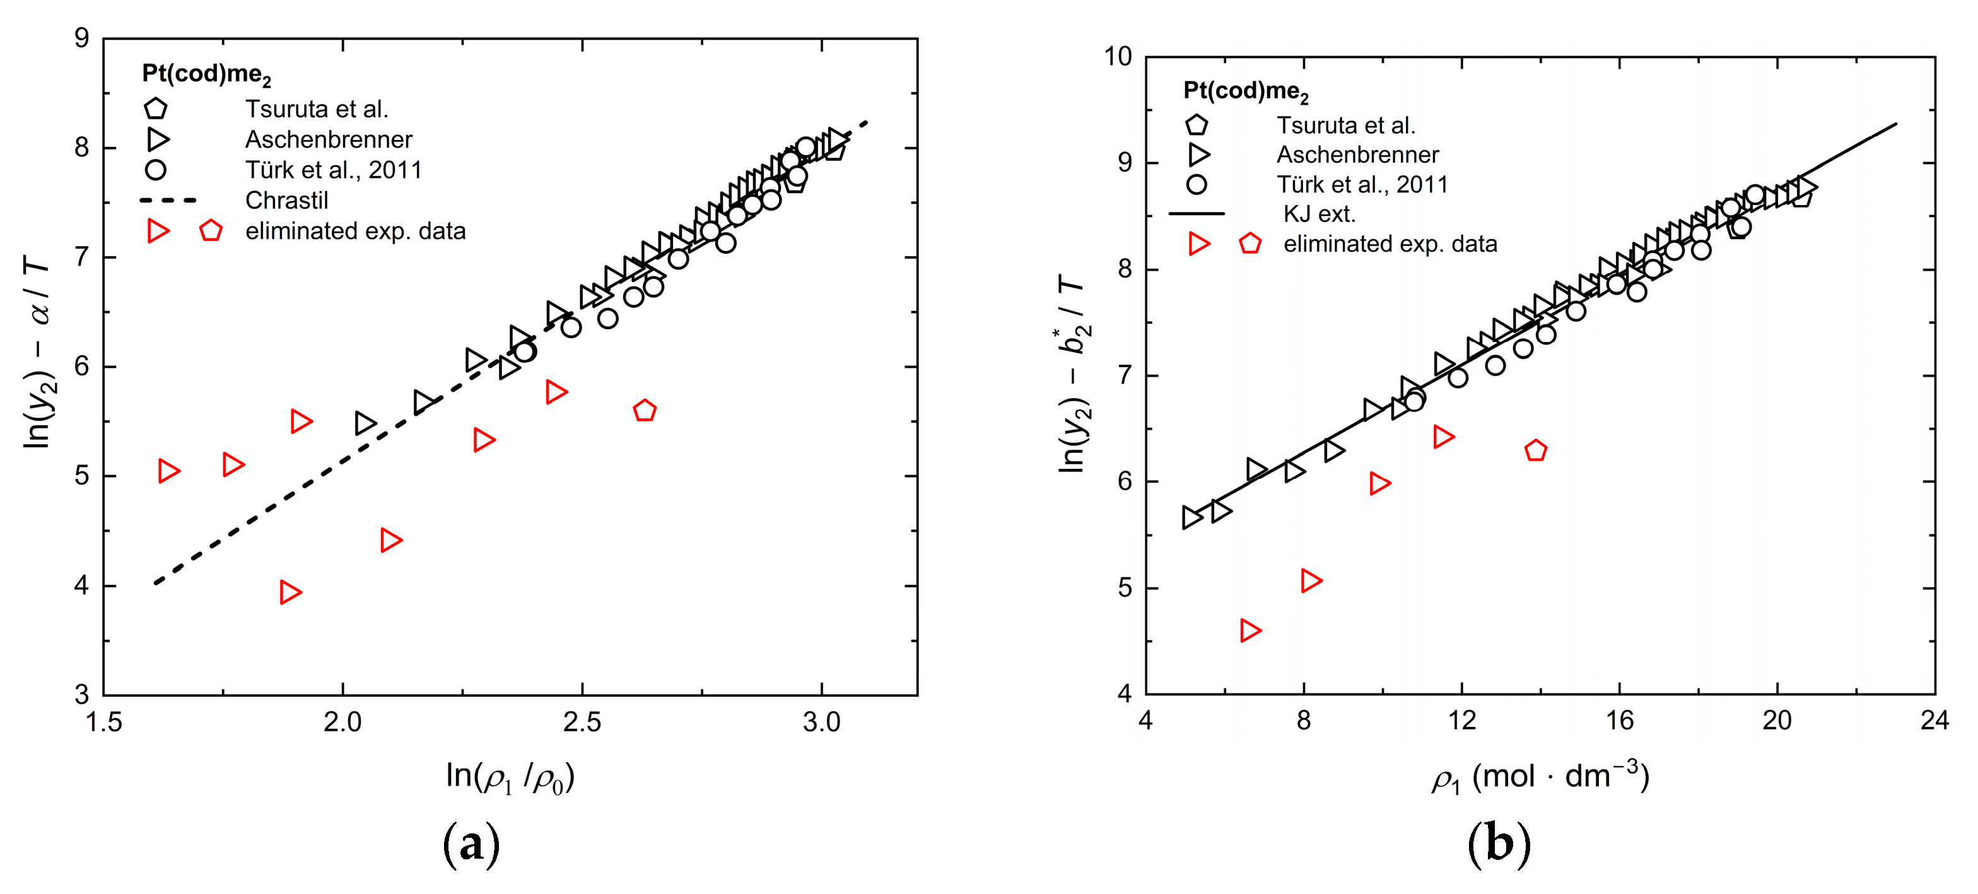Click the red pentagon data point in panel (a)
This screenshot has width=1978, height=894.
644,411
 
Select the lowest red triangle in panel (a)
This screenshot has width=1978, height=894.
290,592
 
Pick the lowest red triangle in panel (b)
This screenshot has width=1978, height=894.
1249,630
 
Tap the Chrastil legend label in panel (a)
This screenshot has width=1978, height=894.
286,201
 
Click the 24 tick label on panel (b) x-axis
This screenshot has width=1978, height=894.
1933,720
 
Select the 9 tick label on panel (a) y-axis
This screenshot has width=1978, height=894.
81,38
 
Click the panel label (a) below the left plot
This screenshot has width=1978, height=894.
471,844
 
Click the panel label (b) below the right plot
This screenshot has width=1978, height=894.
1498,844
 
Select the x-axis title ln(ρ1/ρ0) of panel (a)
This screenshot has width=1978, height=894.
510,777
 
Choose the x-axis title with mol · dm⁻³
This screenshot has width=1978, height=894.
1540,777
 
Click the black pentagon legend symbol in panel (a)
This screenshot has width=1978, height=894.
156,109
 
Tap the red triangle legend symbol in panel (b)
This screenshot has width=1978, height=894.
1198,244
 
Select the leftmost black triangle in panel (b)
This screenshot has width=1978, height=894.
1190,517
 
